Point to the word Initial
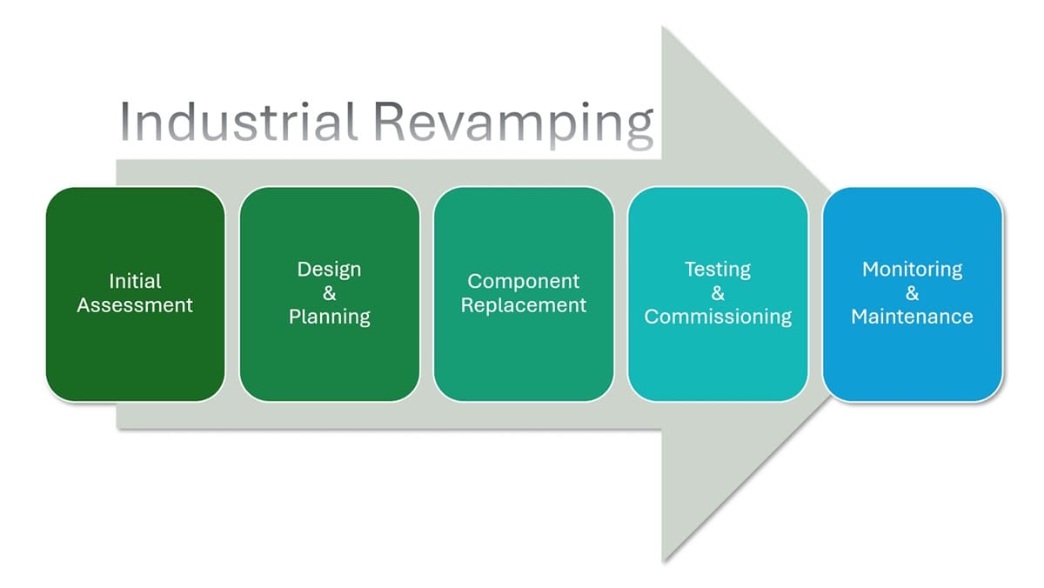pyautogui.click(x=135, y=282)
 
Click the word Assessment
pyautogui.click(x=135, y=305)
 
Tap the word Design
pyautogui.click(x=329, y=270)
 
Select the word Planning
pyautogui.click(x=329, y=317)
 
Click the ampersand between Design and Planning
pyautogui.click(x=329, y=293)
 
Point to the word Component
pyautogui.click(x=523, y=282)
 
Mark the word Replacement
pyautogui.click(x=523, y=305)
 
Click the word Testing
pyautogui.click(x=718, y=270)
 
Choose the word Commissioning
pyautogui.click(x=718, y=317)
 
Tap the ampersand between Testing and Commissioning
pyautogui.click(x=718, y=293)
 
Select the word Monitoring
pyautogui.click(x=912, y=270)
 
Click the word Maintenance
pyautogui.click(x=912, y=317)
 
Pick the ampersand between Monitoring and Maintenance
pyautogui.click(x=912, y=293)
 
